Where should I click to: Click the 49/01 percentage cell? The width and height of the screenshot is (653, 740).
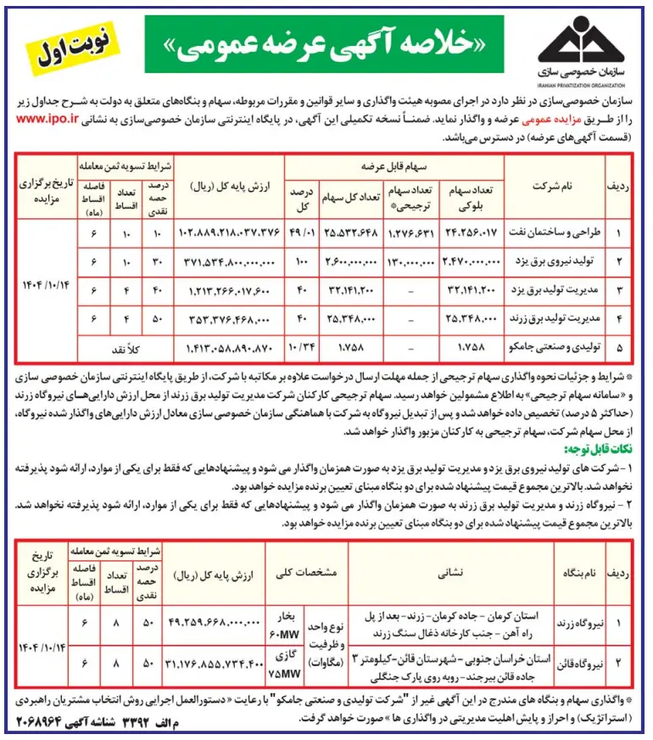click(x=302, y=232)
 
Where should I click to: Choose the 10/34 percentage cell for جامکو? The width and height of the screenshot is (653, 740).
click(x=302, y=347)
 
